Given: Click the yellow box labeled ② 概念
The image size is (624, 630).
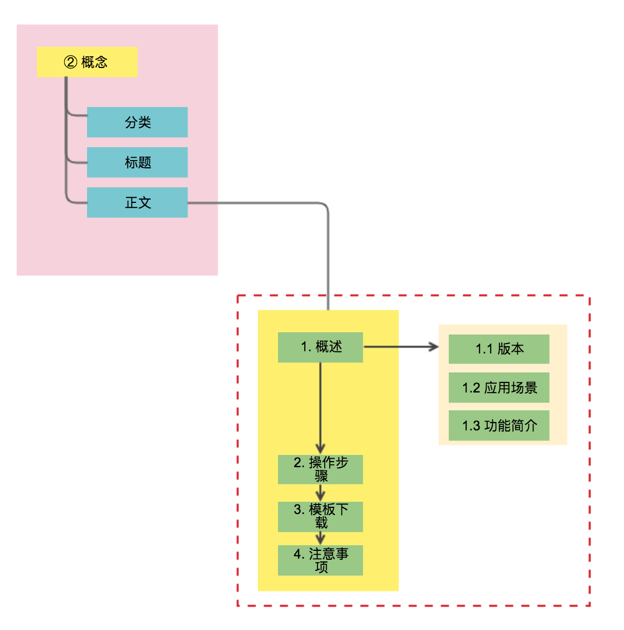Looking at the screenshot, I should tap(87, 62).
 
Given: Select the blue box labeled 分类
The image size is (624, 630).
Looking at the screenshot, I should tap(137, 122).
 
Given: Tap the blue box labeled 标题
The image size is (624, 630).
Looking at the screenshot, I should tap(137, 162).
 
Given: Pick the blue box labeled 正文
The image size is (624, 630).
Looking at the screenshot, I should tap(137, 202).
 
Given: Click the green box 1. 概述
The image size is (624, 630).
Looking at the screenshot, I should tap(320, 347).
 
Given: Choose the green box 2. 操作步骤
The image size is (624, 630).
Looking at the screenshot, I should tap(320, 469).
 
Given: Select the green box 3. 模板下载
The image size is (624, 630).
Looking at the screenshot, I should tap(320, 516).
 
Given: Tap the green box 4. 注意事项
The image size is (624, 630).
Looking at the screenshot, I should tap(320, 560).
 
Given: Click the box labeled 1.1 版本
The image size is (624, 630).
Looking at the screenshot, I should tap(499, 349).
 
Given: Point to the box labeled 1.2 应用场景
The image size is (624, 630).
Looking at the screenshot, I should tap(499, 387).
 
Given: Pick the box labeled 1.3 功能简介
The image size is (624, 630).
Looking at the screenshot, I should tap(499, 425).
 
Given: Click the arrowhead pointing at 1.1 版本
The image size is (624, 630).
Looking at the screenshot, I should tap(434, 347).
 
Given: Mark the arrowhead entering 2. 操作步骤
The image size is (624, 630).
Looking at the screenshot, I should tap(320, 448).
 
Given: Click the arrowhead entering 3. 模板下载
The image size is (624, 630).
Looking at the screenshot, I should tap(320, 495).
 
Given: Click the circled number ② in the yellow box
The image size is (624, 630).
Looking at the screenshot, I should tap(70, 62).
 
